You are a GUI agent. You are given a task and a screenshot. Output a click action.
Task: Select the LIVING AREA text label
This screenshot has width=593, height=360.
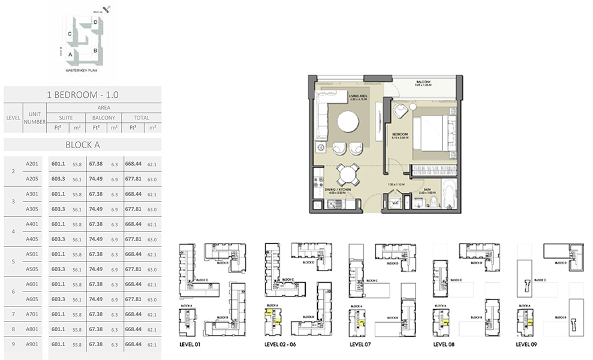[x=359, y=95]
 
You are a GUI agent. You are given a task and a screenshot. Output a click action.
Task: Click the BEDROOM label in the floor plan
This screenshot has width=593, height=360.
[x=401, y=134]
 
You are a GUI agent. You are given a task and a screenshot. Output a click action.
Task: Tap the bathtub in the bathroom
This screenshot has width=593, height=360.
[x=448, y=194]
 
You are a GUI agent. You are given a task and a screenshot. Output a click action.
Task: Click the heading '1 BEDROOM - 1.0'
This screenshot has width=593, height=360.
[x=82, y=94]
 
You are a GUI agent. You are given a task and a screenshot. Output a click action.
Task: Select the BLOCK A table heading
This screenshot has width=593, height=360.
[x=82, y=144]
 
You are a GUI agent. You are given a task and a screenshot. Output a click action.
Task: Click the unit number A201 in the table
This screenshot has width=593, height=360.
[x=32, y=164]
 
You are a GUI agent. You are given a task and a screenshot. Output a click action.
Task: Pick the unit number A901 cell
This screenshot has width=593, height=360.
[x=32, y=344]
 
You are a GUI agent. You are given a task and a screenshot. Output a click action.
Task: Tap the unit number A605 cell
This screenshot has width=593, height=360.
[x=32, y=299]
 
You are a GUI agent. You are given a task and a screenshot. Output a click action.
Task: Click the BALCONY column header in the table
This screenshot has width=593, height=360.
[x=103, y=118]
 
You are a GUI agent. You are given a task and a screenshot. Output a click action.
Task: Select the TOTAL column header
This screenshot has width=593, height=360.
[x=141, y=118]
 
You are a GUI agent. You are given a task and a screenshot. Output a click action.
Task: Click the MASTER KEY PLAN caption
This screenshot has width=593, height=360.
[x=80, y=71]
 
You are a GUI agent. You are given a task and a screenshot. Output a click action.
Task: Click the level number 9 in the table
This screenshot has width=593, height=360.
[x=13, y=344]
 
